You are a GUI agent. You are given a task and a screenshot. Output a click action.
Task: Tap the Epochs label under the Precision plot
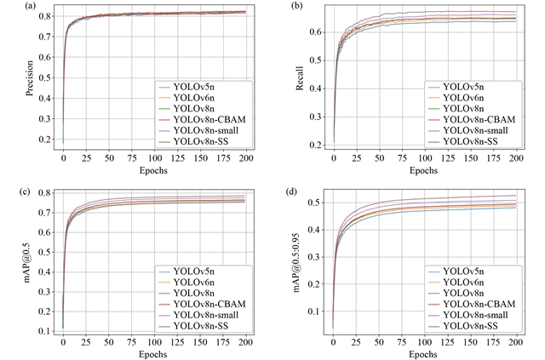pyautogui.click(x=154, y=169)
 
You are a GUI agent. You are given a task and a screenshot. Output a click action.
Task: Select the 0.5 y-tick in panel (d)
pyautogui.click(x=317, y=203)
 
